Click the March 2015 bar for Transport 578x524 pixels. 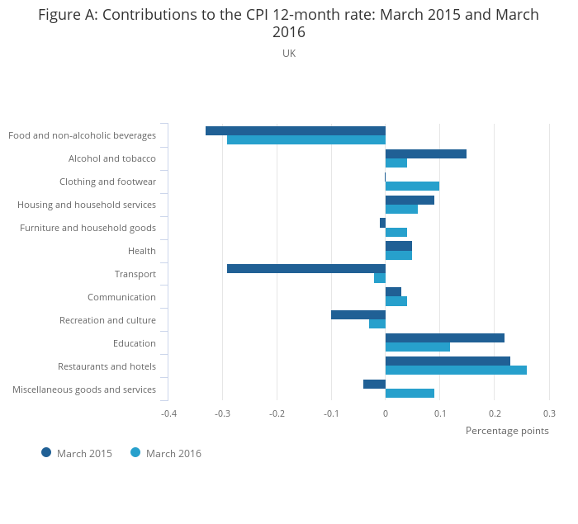click(306, 268)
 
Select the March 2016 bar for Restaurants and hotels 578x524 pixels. click(456, 370)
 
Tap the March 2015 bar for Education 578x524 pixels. click(444, 338)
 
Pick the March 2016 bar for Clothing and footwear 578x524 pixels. click(412, 186)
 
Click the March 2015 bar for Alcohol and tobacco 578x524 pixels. click(425, 153)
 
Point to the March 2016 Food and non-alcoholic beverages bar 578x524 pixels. click(306, 139)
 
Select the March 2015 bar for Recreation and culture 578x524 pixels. click(358, 314)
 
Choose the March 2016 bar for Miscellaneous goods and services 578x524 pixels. click(410, 393)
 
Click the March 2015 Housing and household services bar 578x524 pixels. click(410, 200)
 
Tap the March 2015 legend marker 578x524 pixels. click(46, 452)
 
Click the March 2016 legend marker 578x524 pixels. click(135, 452)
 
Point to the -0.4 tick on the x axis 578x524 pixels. click(168, 413)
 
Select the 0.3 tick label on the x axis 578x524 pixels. click(548, 413)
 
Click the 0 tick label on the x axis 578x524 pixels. click(386, 413)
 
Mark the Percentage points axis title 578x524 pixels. click(506, 430)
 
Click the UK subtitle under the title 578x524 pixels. click(289, 53)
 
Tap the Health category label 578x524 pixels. click(142, 251)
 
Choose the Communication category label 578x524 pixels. click(121, 297)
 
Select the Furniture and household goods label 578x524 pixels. click(88, 228)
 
